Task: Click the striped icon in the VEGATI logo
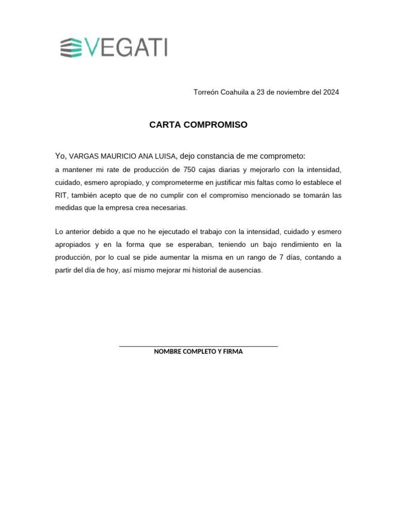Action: pos(71,48)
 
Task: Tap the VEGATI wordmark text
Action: pos(126,47)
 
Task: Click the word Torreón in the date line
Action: pos(206,92)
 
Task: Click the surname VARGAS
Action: pos(84,157)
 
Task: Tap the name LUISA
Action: pos(164,157)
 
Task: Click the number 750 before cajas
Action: pos(190,170)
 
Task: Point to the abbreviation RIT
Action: pos(61,196)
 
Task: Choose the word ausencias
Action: pos(245,270)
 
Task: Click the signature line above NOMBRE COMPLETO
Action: pos(198,346)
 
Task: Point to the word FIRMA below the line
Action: pos(233,352)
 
